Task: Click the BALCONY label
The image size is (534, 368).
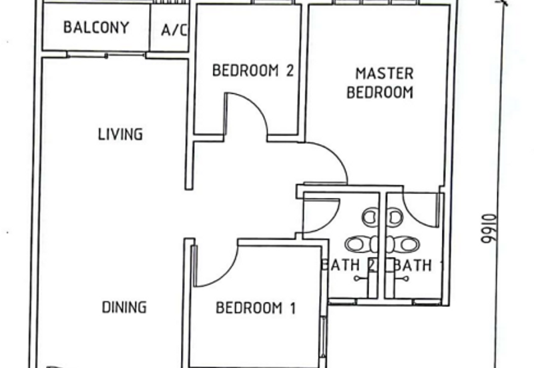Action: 95,28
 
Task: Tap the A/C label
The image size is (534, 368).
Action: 174,30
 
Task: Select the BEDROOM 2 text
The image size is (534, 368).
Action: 253,71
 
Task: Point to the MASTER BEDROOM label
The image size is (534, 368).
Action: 380,83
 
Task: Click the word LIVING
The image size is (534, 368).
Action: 120,134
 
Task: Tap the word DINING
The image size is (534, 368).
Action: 123,307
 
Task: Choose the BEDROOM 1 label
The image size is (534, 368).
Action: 256,308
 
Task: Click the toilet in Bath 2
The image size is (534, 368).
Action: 360,244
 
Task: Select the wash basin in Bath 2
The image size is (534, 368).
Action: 370,217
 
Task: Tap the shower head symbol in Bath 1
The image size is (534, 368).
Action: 403,279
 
